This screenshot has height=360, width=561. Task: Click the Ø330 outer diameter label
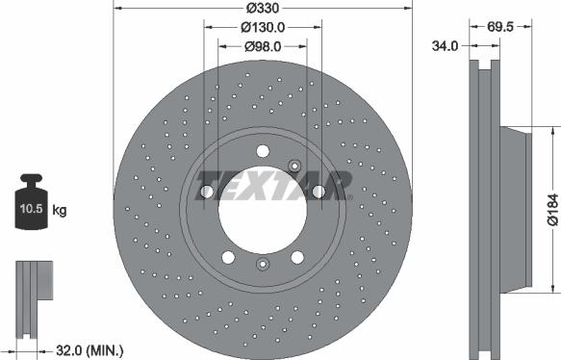263,8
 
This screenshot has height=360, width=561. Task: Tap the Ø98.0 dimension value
263,44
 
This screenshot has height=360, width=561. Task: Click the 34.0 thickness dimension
444,44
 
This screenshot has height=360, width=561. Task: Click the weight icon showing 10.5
33,204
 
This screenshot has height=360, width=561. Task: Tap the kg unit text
60,209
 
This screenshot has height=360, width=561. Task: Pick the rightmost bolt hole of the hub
318,192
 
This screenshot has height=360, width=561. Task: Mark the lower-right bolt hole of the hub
296,257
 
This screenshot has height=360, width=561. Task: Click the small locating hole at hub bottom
262,265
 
